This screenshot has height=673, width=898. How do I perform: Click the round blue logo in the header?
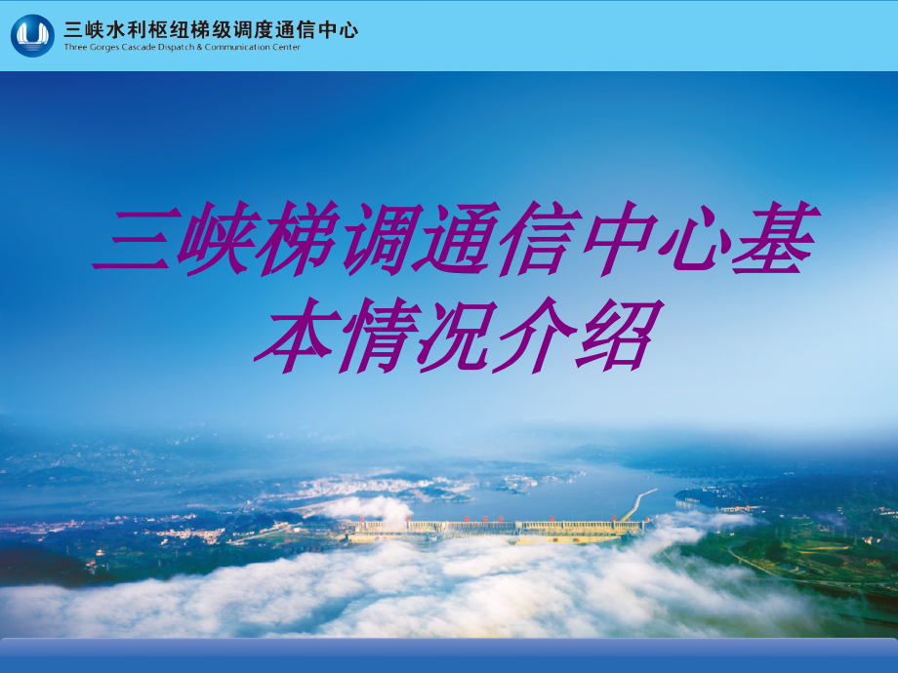[32, 35]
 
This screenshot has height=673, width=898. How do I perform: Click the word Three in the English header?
[74, 47]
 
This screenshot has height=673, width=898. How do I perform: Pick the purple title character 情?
[370, 335]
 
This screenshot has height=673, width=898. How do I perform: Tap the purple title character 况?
[450, 335]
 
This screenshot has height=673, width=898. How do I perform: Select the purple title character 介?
[530, 335]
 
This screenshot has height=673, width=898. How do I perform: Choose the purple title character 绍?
[611, 335]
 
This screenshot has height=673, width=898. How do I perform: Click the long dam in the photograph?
[498, 528]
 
